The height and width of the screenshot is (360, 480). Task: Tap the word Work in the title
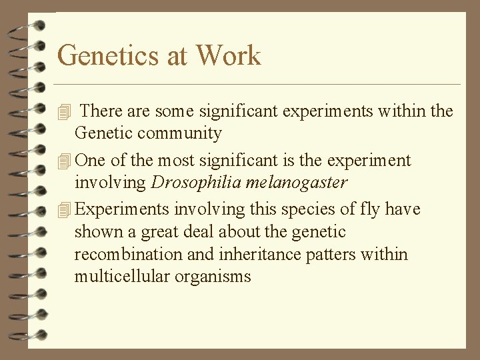(x=228, y=55)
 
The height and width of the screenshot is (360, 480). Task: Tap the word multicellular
(x=122, y=277)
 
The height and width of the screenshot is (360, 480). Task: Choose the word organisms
(x=213, y=277)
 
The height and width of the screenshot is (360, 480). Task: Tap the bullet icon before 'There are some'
(x=63, y=111)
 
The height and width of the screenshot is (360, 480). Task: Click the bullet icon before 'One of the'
(x=63, y=161)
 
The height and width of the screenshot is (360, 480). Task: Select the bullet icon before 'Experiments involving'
(x=63, y=210)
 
